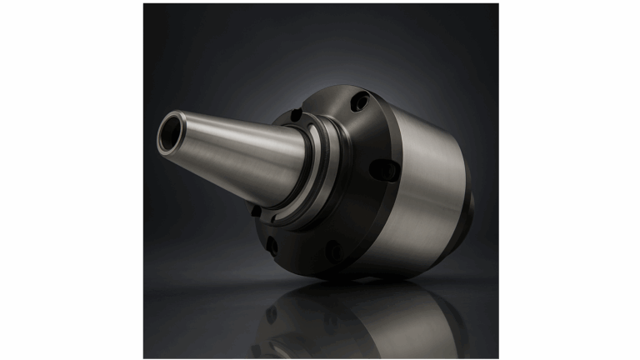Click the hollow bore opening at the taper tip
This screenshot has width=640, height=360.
tap(171, 134)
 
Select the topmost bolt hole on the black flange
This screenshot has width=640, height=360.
tap(359, 102)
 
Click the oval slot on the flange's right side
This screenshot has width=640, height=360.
tap(385, 170)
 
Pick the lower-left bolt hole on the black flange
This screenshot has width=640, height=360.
tap(272, 245)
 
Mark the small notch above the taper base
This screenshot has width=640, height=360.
tap(296, 114)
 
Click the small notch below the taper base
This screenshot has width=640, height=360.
tap(257, 211)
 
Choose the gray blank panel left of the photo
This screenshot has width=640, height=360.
tap(71, 180)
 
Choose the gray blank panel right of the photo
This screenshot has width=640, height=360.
tap(569, 180)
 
